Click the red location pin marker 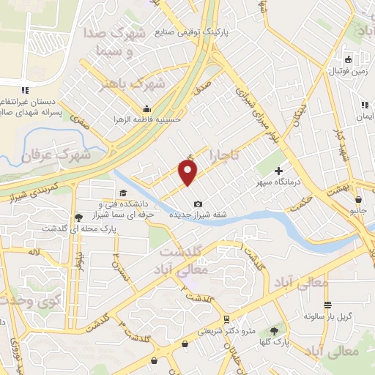tap(189, 173)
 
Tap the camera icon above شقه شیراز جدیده tap(198, 204)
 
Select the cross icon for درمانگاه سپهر tap(278, 170)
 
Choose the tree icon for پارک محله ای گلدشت tap(78, 218)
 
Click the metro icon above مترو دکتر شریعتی tap(228, 319)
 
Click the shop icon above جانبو tap(357, 199)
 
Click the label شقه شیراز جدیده tap(197, 215)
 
